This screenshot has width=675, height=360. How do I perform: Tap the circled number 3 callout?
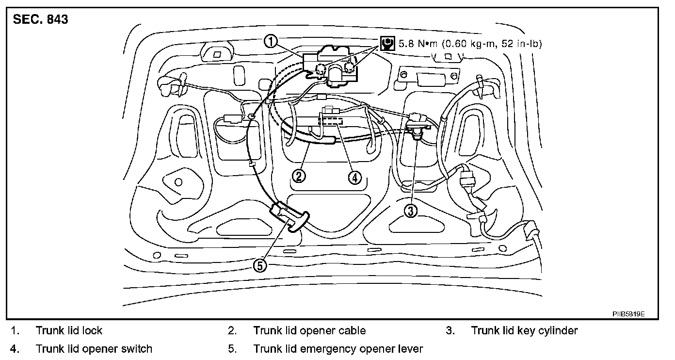(411, 211)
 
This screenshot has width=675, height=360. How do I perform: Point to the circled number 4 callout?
(354, 178)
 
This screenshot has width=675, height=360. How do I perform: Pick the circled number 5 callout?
(260, 265)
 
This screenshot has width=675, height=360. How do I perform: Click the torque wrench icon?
(387, 44)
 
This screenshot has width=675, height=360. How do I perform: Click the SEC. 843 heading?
(41, 20)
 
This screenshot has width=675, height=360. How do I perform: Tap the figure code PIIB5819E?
(628, 314)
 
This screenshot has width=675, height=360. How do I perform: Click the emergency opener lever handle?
(289, 218)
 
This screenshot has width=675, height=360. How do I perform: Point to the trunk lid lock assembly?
(332, 66)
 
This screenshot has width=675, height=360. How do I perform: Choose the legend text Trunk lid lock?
(69, 331)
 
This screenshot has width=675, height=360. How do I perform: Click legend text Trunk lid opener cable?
(309, 331)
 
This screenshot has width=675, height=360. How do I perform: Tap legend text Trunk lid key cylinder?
(524, 331)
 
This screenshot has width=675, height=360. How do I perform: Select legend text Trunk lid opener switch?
(94, 349)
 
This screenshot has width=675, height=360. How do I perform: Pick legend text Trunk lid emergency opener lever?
(338, 349)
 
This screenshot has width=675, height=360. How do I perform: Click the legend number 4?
(15, 349)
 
